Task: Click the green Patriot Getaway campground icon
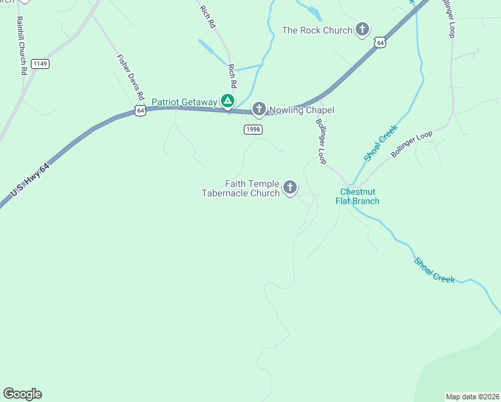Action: click(x=228, y=102)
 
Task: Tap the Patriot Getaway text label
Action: click(x=184, y=102)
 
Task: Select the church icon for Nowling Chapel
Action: click(x=259, y=109)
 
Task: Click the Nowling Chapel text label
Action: click(x=301, y=110)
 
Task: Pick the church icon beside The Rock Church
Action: click(x=362, y=29)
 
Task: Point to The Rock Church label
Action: click(x=317, y=30)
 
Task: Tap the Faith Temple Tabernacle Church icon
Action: click(x=290, y=188)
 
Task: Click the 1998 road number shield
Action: click(x=253, y=129)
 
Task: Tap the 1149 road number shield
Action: click(x=40, y=64)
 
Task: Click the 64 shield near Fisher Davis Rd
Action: click(x=139, y=111)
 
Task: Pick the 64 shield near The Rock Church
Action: click(x=380, y=43)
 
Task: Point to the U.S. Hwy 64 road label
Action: click(x=30, y=182)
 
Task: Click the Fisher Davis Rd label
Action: click(x=131, y=77)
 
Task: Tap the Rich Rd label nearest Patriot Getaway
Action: click(x=232, y=76)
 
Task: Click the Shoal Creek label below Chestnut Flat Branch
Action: click(x=434, y=271)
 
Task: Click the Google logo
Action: click(x=22, y=394)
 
